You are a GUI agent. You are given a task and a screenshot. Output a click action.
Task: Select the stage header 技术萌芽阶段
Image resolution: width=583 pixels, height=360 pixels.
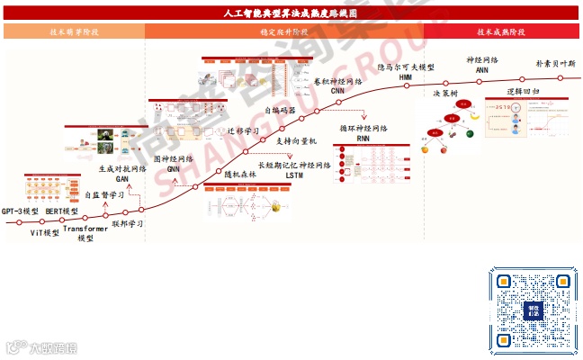(x=74, y=31)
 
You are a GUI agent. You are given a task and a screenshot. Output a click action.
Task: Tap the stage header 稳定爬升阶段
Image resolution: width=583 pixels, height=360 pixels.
(x=283, y=31)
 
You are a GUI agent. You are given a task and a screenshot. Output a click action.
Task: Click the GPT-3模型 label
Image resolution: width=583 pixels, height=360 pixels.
(x=20, y=211)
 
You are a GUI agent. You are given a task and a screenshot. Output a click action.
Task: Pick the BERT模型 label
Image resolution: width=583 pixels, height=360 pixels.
(x=62, y=211)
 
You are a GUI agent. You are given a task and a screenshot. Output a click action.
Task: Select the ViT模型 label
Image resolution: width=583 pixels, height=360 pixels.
(x=45, y=232)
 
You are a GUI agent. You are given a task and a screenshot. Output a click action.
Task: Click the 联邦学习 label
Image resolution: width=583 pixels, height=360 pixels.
(x=128, y=222)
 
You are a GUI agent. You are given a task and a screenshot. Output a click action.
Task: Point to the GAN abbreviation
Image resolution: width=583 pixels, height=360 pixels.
(x=122, y=178)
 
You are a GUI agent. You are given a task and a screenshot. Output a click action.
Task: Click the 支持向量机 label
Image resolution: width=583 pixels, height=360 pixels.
(x=297, y=141)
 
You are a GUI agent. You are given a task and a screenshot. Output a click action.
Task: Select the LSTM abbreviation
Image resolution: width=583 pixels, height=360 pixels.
(x=294, y=176)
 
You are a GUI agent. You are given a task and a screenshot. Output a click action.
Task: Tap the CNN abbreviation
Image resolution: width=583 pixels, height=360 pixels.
(x=337, y=92)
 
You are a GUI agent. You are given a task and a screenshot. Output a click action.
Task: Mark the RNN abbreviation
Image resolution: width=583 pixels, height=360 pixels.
(x=363, y=139)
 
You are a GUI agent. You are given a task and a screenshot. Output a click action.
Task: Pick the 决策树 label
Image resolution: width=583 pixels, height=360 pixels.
(x=445, y=94)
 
